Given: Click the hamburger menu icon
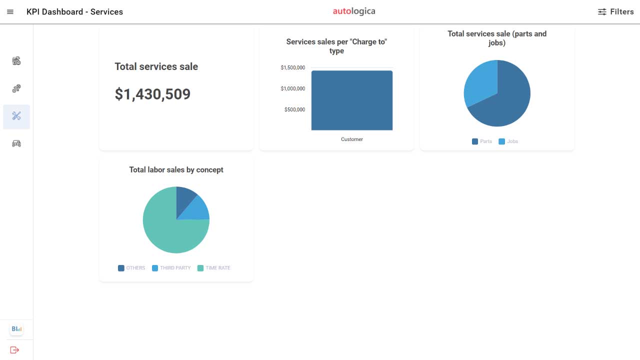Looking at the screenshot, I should coord(10,12).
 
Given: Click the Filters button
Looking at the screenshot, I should coord(615,12).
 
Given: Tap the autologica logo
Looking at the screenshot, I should coord(354,11).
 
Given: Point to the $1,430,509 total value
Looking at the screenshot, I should coord(152,94).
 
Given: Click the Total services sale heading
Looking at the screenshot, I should coord(156,66).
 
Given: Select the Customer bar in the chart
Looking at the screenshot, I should coord(352,100).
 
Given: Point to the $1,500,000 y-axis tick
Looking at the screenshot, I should coord(292,67).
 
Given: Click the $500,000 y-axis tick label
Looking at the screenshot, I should coord(294,109).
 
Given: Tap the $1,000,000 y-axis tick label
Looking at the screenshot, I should coord(292,88).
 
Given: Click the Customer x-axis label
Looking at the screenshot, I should coord(352,139).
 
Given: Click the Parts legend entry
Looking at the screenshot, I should coord(482,141).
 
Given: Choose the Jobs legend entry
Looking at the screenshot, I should coord(508,141).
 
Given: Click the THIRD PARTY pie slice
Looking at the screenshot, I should coord(196,209).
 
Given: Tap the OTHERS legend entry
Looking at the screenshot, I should coord(131,268).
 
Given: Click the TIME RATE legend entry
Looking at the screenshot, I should coord(214,268).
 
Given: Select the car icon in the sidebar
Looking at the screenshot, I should coord(16,143).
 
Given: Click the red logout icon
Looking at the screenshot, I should coord(14,350).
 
